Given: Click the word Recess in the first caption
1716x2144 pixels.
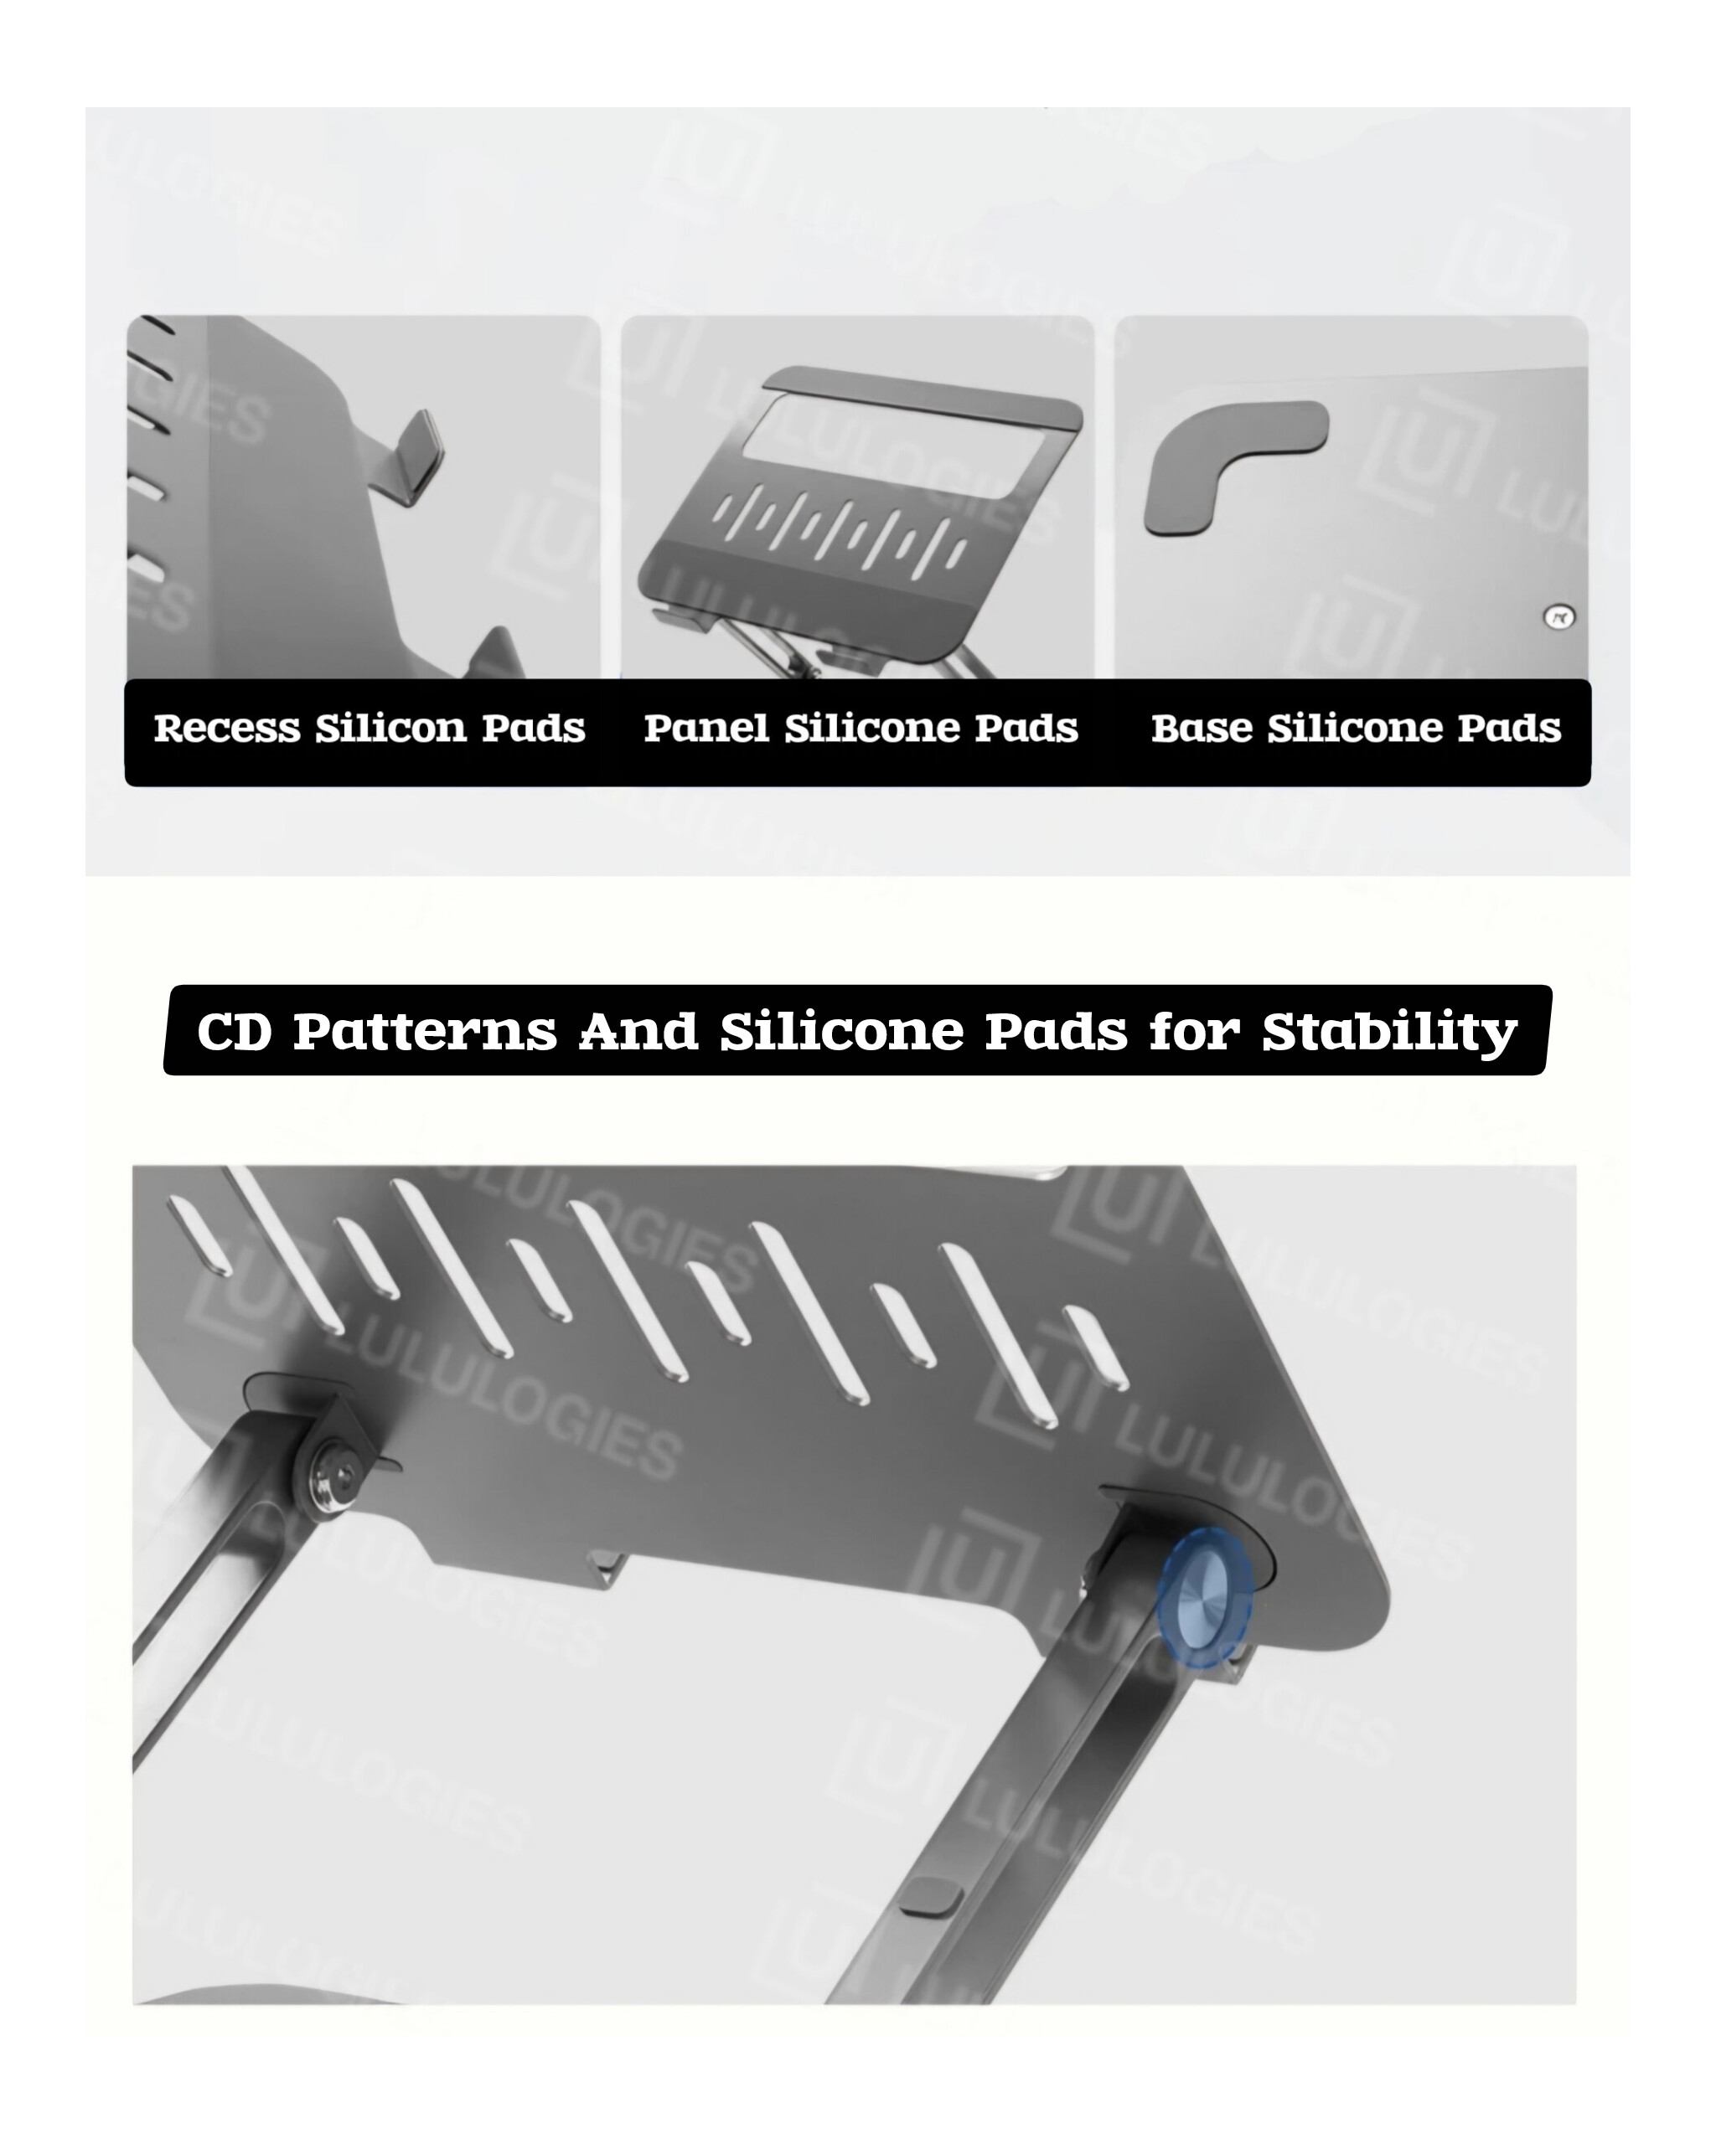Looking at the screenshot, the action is (226, 728).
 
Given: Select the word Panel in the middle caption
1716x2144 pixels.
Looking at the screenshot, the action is (706, 728).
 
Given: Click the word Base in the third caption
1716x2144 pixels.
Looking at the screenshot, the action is (1202, 728).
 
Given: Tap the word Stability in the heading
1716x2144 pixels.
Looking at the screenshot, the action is (1390, 1033).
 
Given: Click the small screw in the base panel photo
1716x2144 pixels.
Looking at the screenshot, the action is (1558, 617).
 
